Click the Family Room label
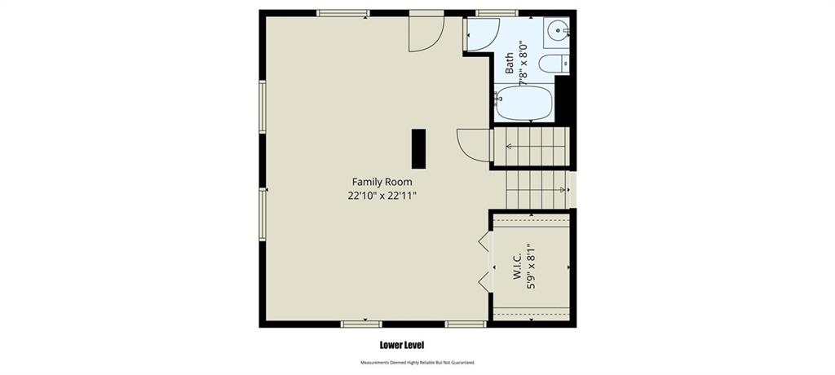click(382, 182)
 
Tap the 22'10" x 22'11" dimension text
click(382, 196)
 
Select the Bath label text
click(509, 63)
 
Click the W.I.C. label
click(516, 266)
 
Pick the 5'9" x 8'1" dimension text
click(530, 267)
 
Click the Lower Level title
click(401, 345)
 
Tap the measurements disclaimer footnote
click(417, 363)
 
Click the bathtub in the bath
click(524, 102)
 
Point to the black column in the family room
click(418, 148)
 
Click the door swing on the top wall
click(426, 34)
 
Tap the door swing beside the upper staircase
click(474, 145)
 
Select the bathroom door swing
click(483, 34)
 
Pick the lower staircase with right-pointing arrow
click(537, 190)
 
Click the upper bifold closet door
click(484, 241)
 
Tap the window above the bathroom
click(497, 13)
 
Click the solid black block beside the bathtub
click(563, 100)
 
